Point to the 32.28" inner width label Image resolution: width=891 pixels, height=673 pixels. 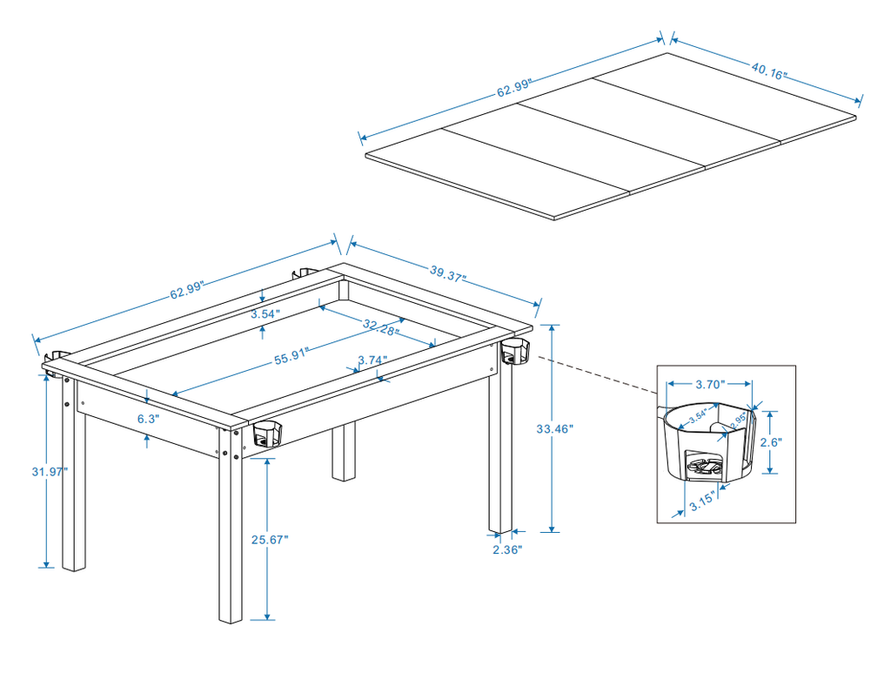[x=381, y=326]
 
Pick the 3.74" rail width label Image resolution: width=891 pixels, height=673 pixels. [x=372, y=360]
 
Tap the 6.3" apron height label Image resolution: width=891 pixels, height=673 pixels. [x=147, y=418]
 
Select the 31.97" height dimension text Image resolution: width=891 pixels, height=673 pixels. [x=50, y=471]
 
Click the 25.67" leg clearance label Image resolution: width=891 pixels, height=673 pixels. [x=270, y=539]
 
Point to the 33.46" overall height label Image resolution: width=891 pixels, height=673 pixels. [x=555, y=428]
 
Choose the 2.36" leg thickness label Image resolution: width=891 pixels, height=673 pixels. [x=507, y=549]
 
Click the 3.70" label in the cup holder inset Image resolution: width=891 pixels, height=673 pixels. [x=710, y=383]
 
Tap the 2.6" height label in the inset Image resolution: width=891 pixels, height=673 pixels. [x=771, y=442]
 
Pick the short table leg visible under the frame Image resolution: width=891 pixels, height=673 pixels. [x=345, y=453]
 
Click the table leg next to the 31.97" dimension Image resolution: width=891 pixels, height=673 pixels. [x=74, y=488]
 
